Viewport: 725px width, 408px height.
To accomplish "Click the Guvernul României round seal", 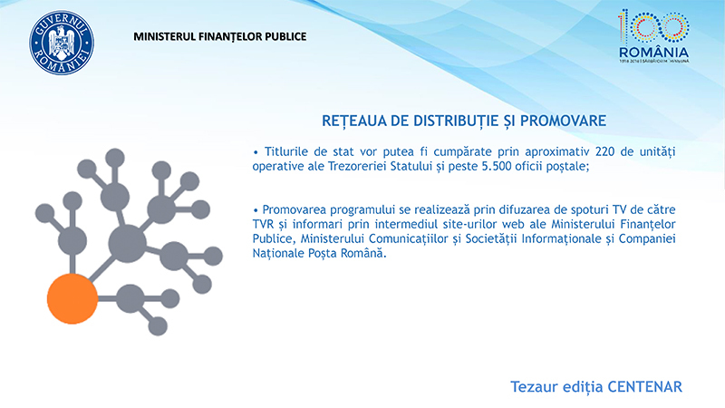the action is [x=62, y=43].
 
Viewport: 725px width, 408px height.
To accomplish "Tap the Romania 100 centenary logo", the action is [x=653, y=36].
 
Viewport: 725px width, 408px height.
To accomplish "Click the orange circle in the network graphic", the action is [x=72, y=298].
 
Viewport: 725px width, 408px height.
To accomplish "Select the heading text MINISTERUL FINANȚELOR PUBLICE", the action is [x=220, y=36].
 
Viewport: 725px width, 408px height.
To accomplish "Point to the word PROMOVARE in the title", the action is [x=563, y=121].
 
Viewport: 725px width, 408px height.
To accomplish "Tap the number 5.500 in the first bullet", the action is [x=495, y=166].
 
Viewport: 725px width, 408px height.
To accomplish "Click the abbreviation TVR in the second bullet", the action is [x=263, y=224].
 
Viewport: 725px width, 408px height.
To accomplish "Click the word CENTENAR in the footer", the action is [x=644, y=387].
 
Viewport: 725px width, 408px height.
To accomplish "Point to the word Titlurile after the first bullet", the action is [x=286, y=151].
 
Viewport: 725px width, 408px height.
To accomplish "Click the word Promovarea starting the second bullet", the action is [x=294, y=209].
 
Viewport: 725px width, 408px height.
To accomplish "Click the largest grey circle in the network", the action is [x=128, y=243].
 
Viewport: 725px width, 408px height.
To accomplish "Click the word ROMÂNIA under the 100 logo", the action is [x=653, y=53].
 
